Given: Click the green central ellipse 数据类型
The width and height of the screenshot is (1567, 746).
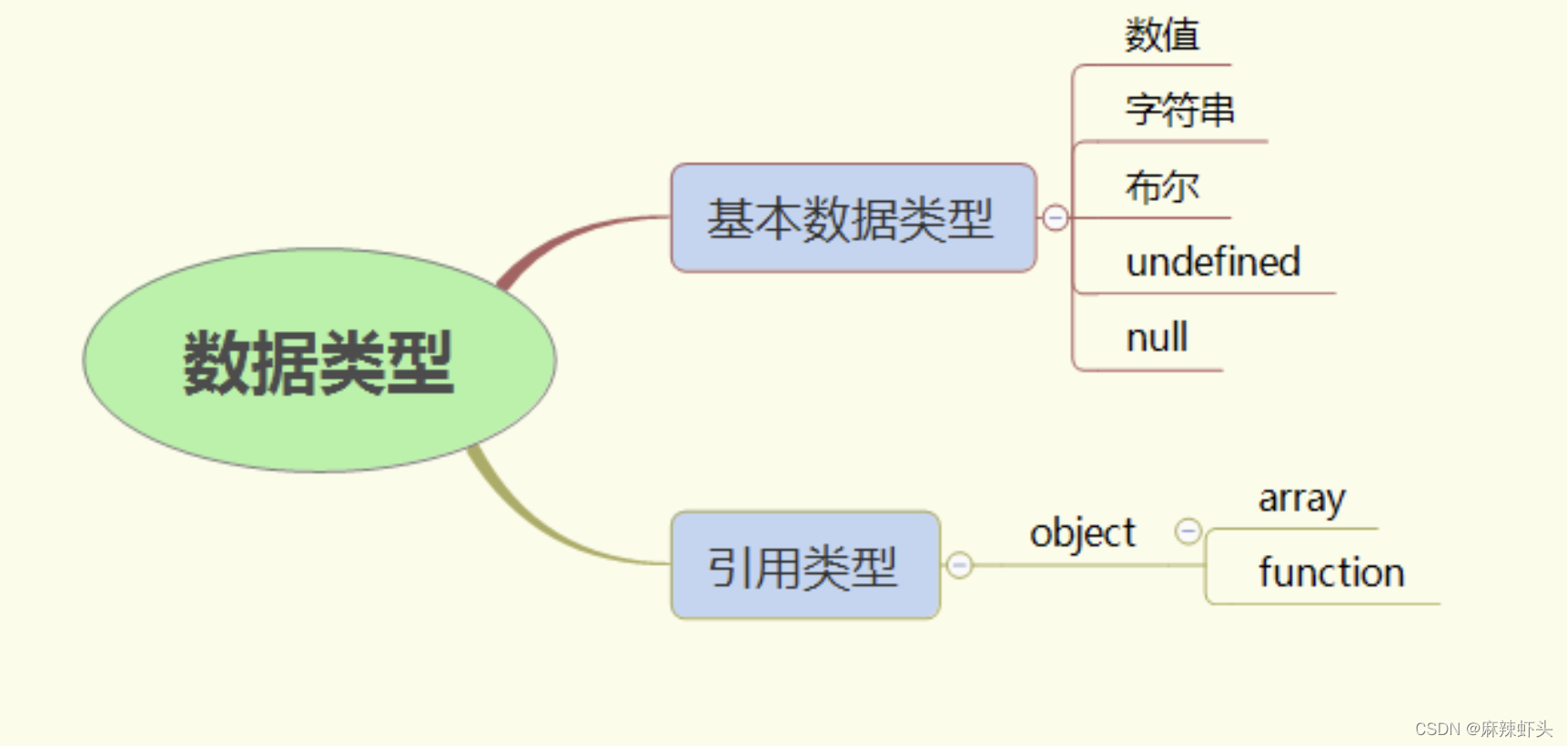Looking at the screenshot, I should (x=319, y=360).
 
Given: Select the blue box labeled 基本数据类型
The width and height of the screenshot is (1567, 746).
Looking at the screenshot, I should (x=853, y=218).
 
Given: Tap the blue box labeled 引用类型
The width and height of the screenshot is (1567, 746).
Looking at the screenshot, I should (x=804, y=565).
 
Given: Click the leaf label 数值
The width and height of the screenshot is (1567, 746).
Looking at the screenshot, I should (x=1162, y=35).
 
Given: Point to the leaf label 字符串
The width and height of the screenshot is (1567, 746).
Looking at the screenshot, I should (x=1179, y=110).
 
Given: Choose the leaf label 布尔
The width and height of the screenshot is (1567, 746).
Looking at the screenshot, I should (x=1162, y=186).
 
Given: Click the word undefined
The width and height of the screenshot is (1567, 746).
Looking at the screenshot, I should (x=1213, y=263).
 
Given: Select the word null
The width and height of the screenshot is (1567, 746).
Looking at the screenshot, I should (x=1157, y=338).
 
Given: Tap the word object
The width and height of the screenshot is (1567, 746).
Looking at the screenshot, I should (x=1082, y=533).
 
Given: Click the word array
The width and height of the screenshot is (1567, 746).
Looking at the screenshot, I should (x=1301, y=499).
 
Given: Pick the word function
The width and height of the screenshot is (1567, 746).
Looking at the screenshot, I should (x=1331, y=573).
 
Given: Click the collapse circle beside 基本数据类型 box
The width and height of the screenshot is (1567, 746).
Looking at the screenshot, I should (x=1056, y=218).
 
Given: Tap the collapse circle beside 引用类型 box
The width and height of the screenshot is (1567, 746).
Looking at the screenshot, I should (x=959, y=565).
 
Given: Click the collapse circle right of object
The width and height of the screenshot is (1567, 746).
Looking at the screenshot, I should (x=1188, y=531).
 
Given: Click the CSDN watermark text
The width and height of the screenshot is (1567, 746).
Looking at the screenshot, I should (x=1483, y=729).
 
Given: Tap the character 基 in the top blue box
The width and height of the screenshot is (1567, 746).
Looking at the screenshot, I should (x=730, y=219).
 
